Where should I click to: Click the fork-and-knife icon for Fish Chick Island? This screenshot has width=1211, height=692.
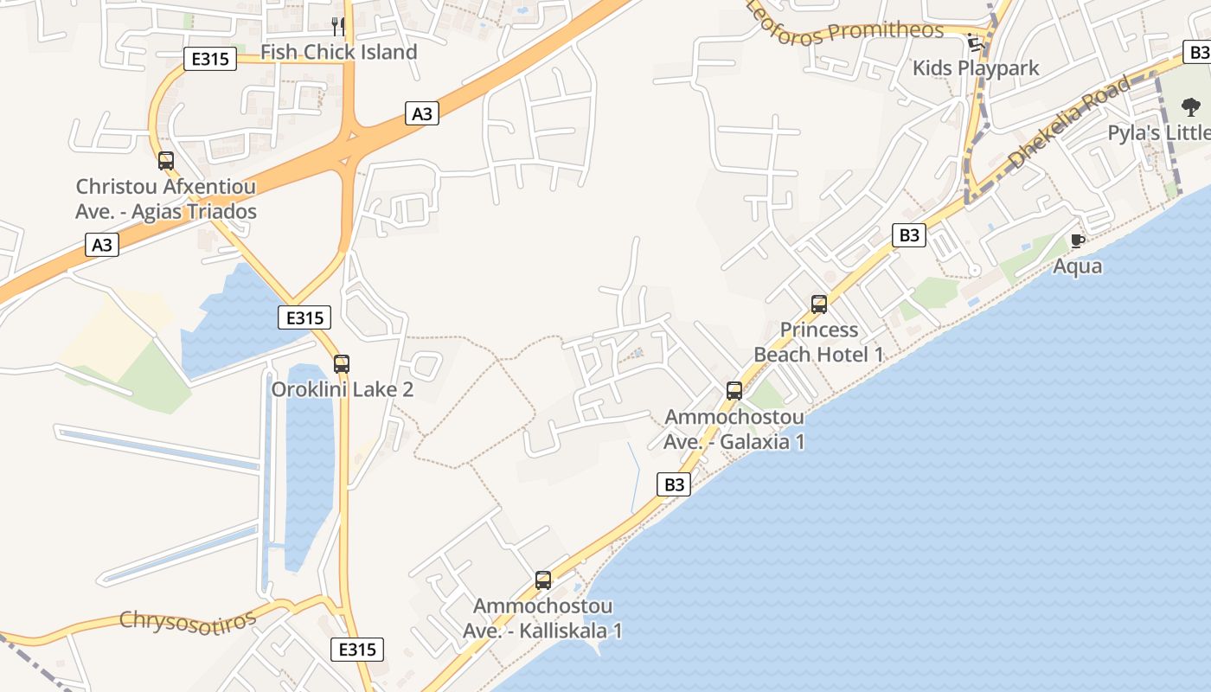[x=338, y=27]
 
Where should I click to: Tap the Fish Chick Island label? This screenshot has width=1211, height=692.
[x=339, y=52]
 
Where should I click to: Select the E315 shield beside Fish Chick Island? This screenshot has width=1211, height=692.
[x=210, y=59]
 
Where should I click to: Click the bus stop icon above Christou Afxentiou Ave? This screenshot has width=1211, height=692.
[x=165, y=161]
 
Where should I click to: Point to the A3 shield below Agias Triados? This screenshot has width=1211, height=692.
[x=102, y=245]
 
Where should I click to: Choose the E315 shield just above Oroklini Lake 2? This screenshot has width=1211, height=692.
[x=304, y=317]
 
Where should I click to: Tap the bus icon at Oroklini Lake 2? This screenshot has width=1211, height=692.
[x=342, y=364]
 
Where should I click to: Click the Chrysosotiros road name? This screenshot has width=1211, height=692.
[x=188, y=620]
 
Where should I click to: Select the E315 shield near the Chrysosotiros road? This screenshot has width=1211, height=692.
[x=356, y=649]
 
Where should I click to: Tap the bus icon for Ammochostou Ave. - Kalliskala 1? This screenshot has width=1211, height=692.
[x=543, y=580]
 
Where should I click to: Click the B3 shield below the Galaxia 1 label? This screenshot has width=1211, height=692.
[x=675, y=484]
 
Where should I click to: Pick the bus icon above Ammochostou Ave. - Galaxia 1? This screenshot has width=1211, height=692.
[x=734, y=391]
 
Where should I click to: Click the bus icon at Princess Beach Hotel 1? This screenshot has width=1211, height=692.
[x=819, y=304]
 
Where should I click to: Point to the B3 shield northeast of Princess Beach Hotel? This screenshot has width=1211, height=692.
[x=909, y=234]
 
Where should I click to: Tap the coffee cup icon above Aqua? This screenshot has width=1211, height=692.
[x=1077, y=240]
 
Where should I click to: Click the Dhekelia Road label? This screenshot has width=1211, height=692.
[x=1070, y=121]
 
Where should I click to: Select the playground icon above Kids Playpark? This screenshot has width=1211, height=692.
[x=975, y=42]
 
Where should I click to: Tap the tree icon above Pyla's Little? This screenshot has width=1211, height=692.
[x=1191, y=107]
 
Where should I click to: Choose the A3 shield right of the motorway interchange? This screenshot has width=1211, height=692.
[x=421, y=113]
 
